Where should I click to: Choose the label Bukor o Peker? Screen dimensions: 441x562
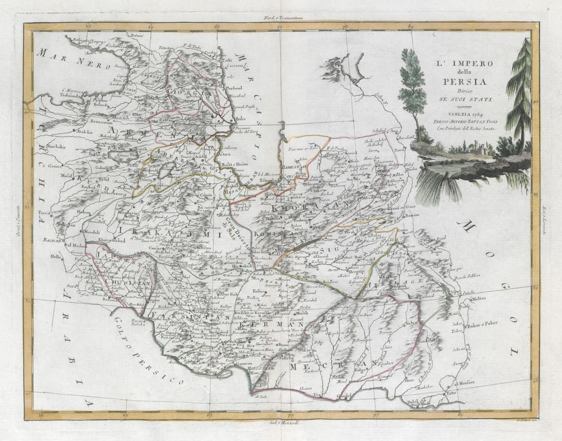[x=483, y=323]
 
